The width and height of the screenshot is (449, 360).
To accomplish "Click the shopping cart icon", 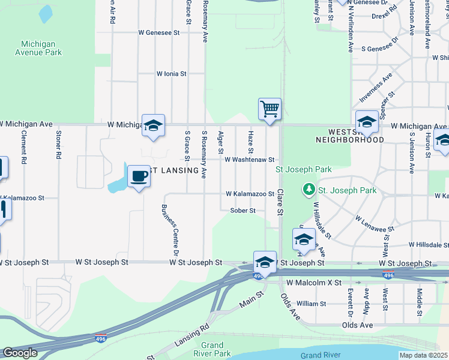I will point(270,109).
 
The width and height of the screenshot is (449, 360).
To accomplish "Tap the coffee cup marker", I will point(139,176).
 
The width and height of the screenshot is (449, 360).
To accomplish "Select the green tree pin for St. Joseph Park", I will point(309,190).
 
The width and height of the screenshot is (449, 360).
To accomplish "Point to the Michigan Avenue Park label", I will point(41,48).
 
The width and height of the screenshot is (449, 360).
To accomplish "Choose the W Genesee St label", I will point(159,33).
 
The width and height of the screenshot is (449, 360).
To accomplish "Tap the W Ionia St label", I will point(172,74).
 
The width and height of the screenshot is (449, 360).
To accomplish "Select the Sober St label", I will point(243,211).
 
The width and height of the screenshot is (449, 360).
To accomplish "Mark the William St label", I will point(311,304).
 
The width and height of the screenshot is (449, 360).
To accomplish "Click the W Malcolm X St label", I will point(314,282).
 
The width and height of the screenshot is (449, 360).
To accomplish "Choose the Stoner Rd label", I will point(58,145).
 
